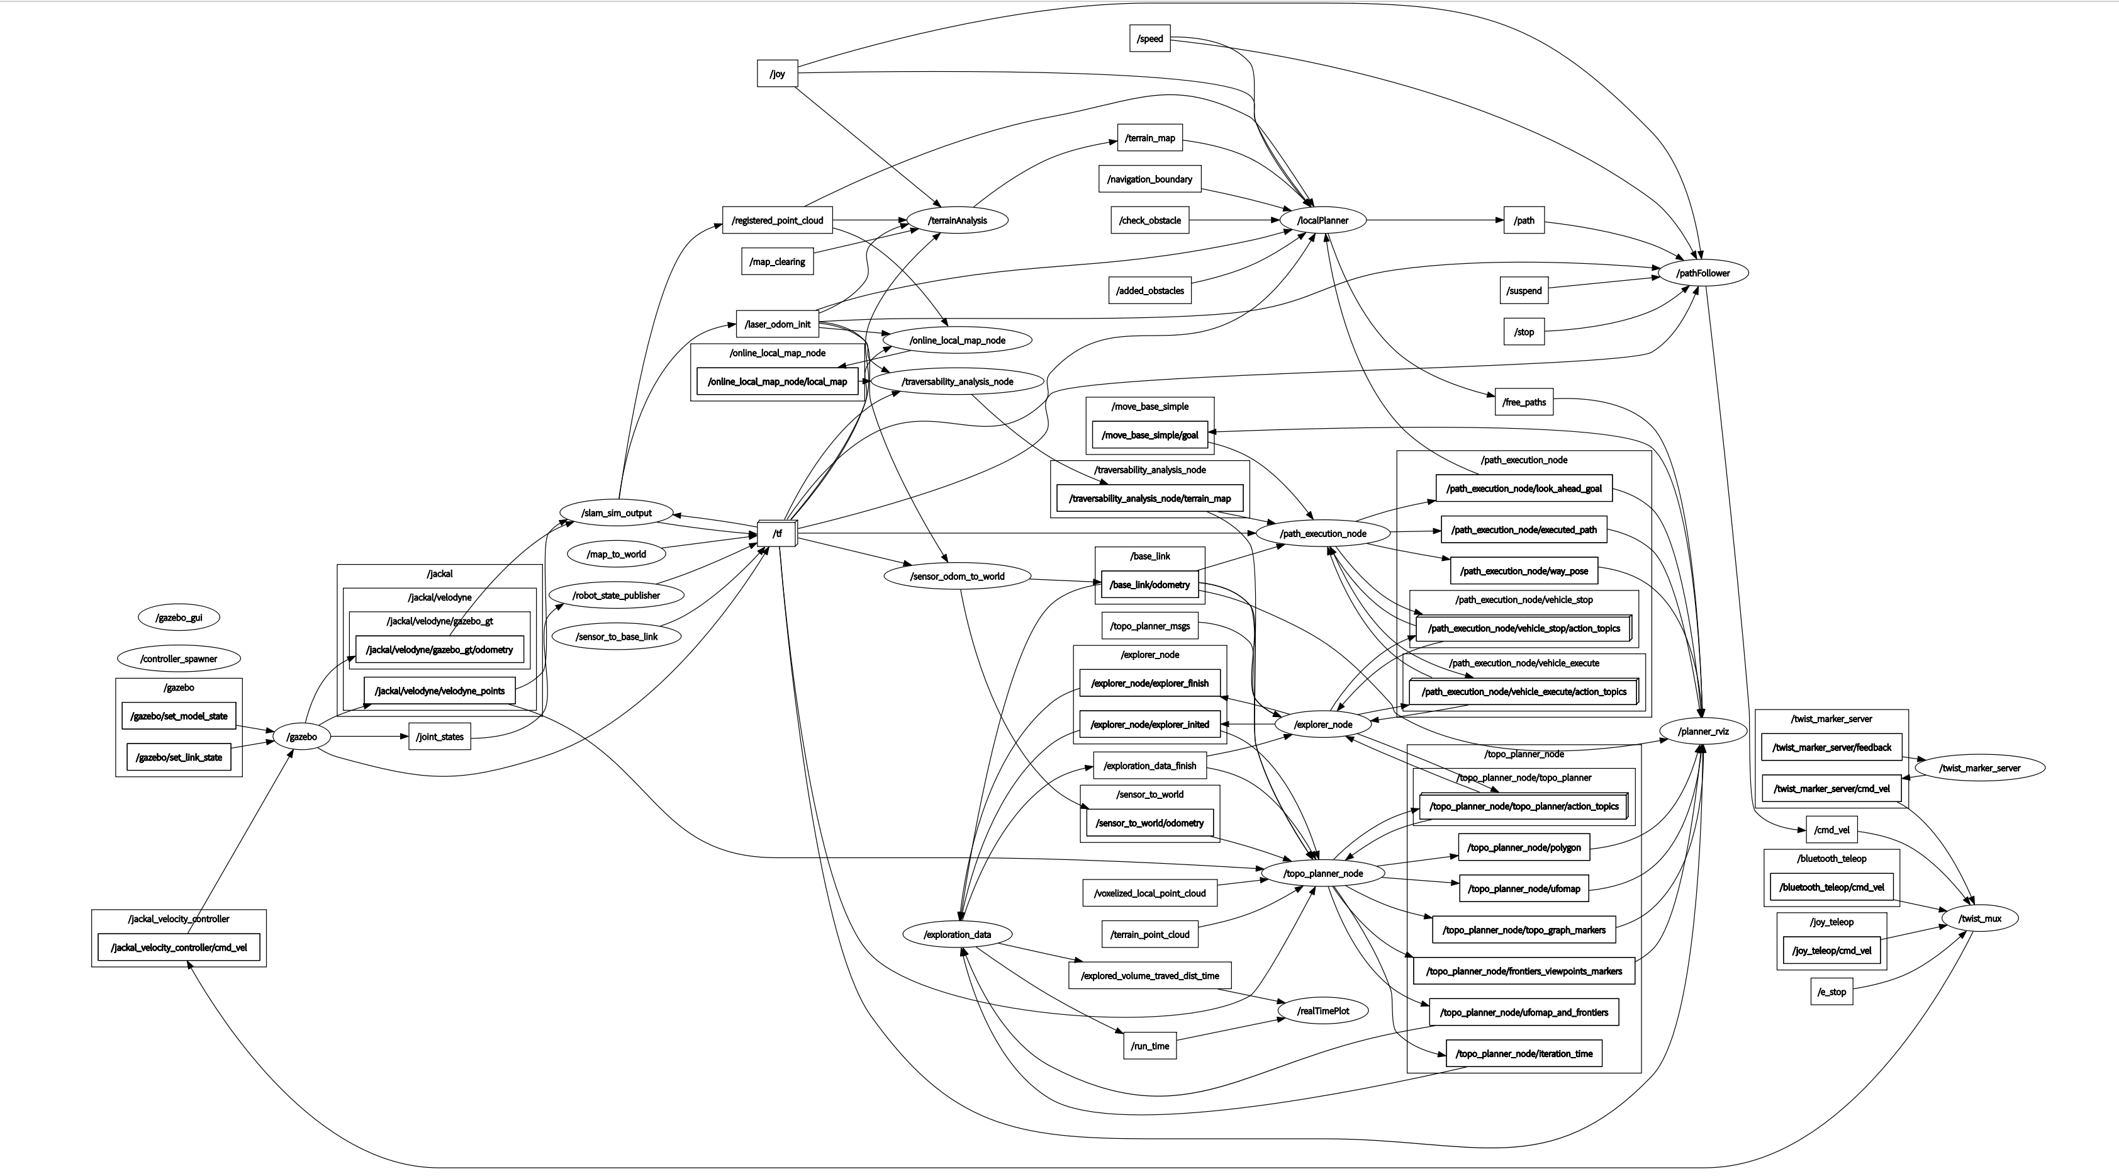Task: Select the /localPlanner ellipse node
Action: (1322, 220)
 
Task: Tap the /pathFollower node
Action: (1702, 273)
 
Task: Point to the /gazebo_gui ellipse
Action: (179, 617)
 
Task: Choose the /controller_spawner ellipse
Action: (179, 659)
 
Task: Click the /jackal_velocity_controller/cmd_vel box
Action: (179, 947)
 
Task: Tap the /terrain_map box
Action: (1149, 137)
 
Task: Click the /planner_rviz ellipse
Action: (1702, 731)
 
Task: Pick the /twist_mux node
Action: (1979, 919)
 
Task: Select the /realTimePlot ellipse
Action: (1322, 1010)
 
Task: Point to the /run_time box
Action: (1149, 1046)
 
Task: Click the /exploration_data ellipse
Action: (957, 934)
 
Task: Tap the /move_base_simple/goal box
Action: (1149, 434)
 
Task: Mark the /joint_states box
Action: (439, 737)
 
